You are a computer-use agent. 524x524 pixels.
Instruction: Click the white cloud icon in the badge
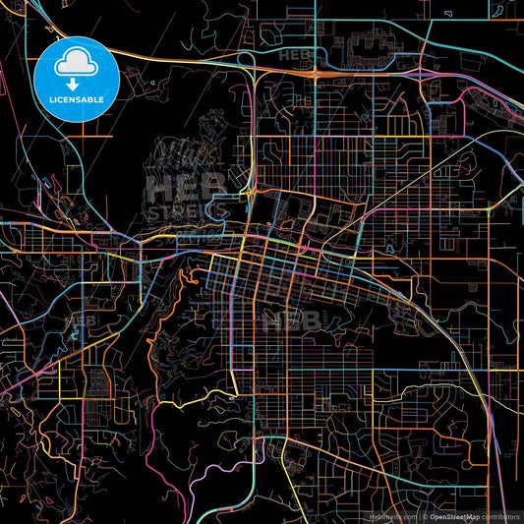(x=78, y=64)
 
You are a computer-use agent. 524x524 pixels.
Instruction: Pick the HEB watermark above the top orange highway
(x=295, y=56)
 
